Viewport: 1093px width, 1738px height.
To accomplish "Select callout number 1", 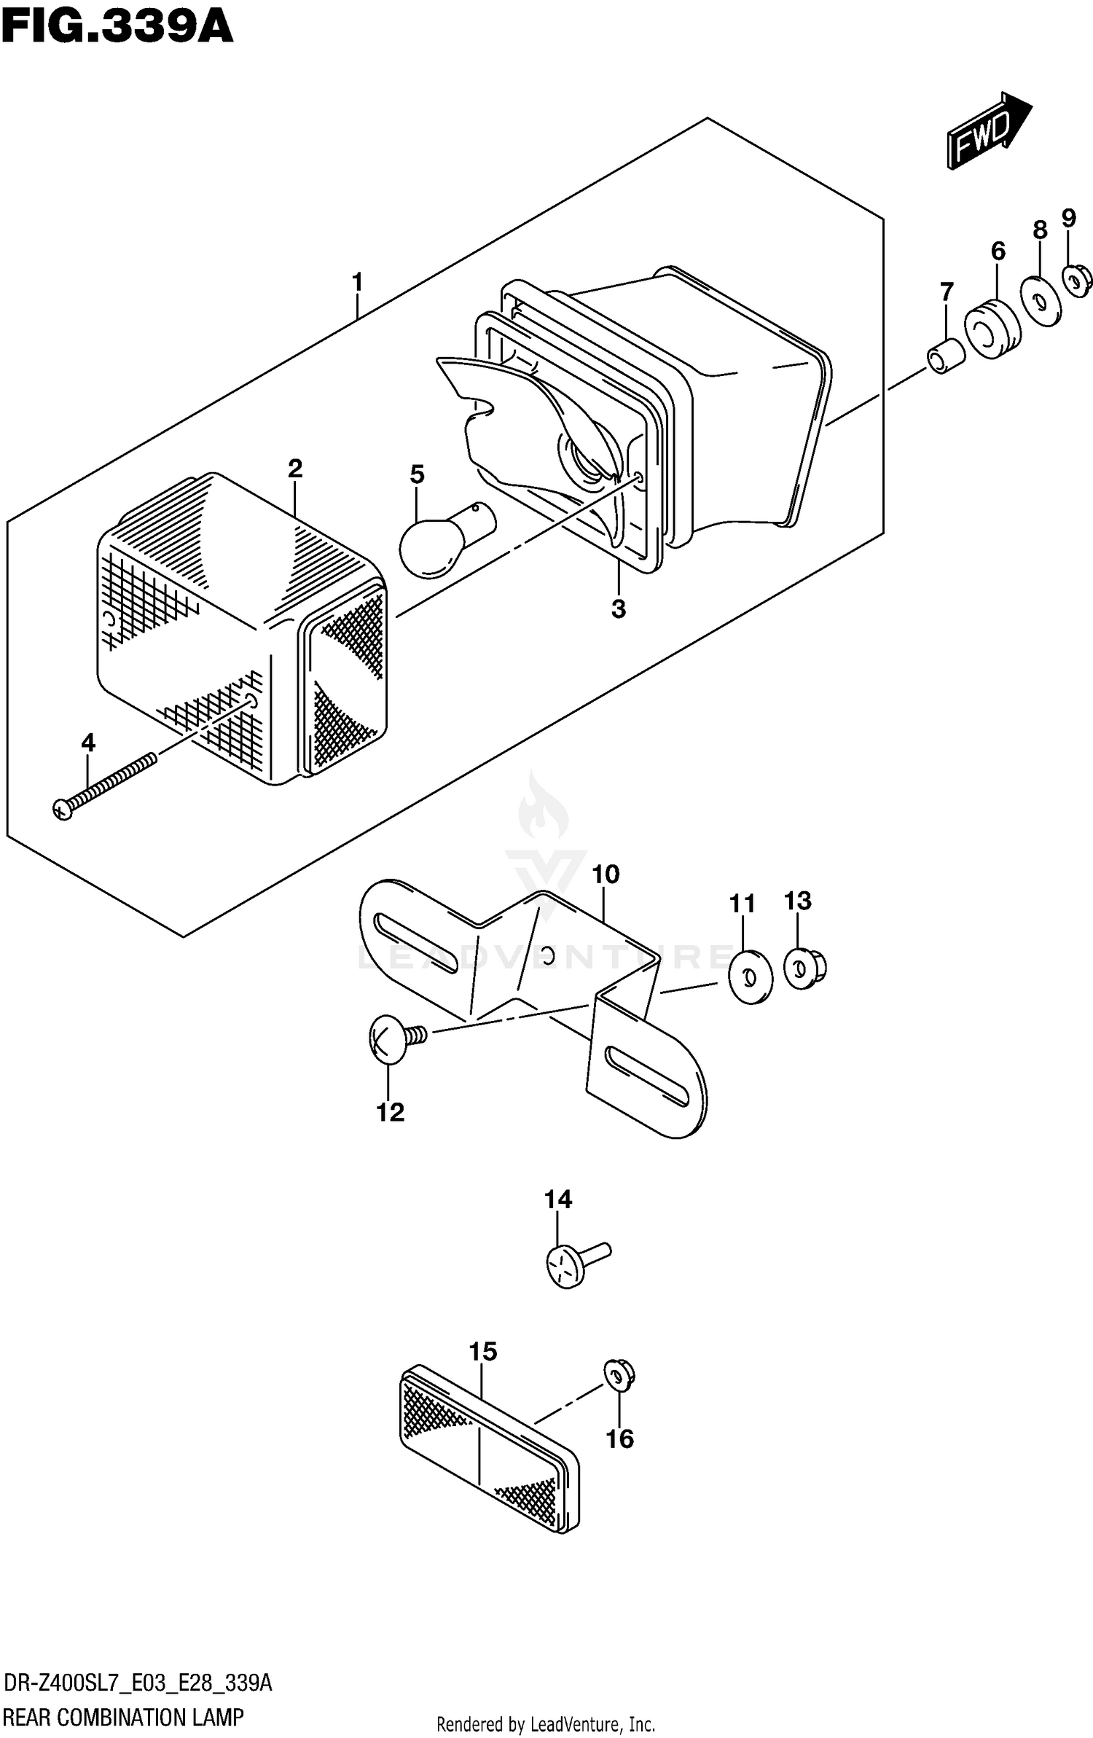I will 357,281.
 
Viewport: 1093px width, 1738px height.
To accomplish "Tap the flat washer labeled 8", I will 1041,300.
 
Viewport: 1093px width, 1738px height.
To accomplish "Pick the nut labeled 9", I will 1076,281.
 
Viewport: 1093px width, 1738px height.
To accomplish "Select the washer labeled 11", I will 751,976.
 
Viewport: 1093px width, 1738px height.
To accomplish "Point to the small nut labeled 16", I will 619,1375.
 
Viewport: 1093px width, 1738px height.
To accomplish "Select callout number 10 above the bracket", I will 606,874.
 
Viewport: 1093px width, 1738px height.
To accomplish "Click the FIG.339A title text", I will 117,28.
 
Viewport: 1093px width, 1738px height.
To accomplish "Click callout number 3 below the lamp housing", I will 618,608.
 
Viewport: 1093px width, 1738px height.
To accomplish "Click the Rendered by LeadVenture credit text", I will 545,1723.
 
